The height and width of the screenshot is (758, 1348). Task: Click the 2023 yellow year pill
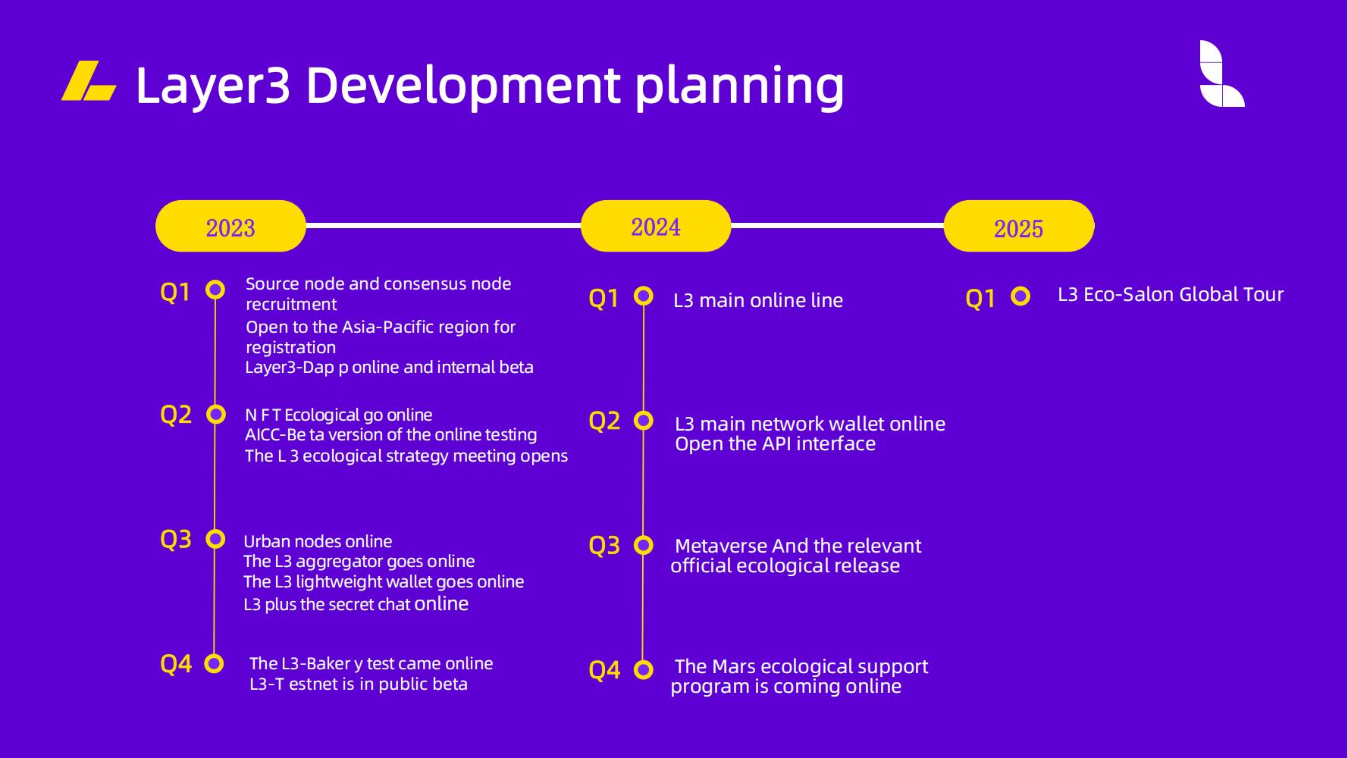(230, 226)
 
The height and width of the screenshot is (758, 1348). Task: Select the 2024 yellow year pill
(656, 226)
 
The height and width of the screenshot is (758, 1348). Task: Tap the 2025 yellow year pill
(1019, 226)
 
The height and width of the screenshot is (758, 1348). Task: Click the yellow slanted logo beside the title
(89, 80)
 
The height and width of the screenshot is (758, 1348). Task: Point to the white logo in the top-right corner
(1221, 74)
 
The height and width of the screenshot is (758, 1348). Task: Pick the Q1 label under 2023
(175, 292)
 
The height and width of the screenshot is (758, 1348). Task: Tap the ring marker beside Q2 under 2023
(216, 414)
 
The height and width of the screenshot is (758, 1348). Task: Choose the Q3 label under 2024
(604, 545)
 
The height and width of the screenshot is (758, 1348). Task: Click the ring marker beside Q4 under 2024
(644, 669)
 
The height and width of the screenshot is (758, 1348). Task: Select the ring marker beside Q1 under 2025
(1020, 296)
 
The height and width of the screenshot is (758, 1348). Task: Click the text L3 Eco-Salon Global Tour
(1171, 294)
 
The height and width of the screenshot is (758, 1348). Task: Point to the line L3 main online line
(758, 300)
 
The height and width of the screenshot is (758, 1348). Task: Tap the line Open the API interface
(775, 443)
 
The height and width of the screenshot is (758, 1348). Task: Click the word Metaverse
(721, 546)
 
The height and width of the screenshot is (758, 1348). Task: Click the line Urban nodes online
(318, 541)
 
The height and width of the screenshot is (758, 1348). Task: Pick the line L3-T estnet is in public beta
(359, 684)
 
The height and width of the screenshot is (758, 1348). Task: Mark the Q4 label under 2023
(176, 664)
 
